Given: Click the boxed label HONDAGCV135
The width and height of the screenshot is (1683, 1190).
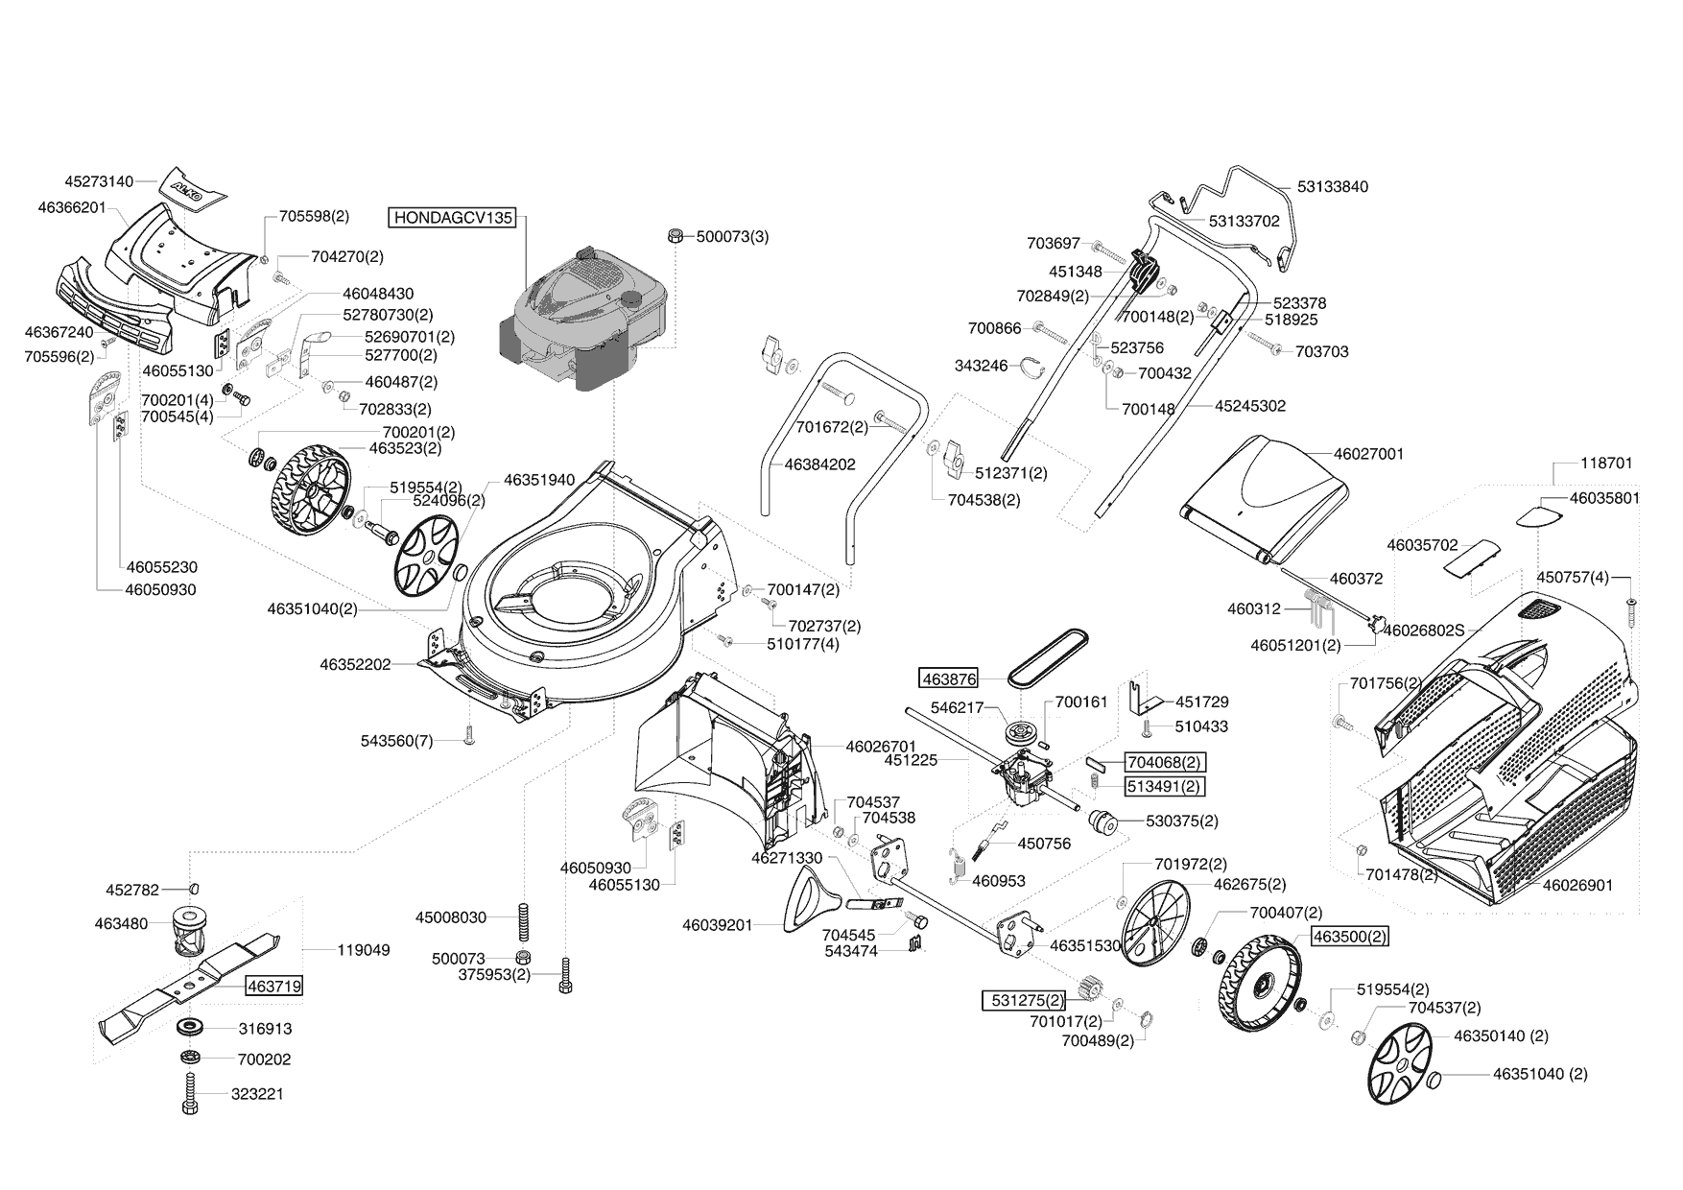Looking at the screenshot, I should click(x=453, y=218).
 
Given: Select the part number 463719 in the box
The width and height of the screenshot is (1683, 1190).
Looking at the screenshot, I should click(x=273, y=986).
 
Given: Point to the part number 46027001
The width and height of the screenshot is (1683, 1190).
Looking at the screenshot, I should click(x=1368, y=454).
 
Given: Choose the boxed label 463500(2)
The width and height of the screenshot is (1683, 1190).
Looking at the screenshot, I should click(x=1350, y=937).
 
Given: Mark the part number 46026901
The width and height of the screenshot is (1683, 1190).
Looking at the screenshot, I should click(x=1577, y=885).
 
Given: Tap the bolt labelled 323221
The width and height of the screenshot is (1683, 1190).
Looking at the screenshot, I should click(x=191, y=1094).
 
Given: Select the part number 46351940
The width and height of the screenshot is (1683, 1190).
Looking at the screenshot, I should click(x=538, y=480).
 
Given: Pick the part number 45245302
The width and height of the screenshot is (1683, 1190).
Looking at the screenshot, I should click(x=1249, y=406).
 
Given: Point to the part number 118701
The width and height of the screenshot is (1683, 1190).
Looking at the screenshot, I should click(x=1605, y=464).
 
